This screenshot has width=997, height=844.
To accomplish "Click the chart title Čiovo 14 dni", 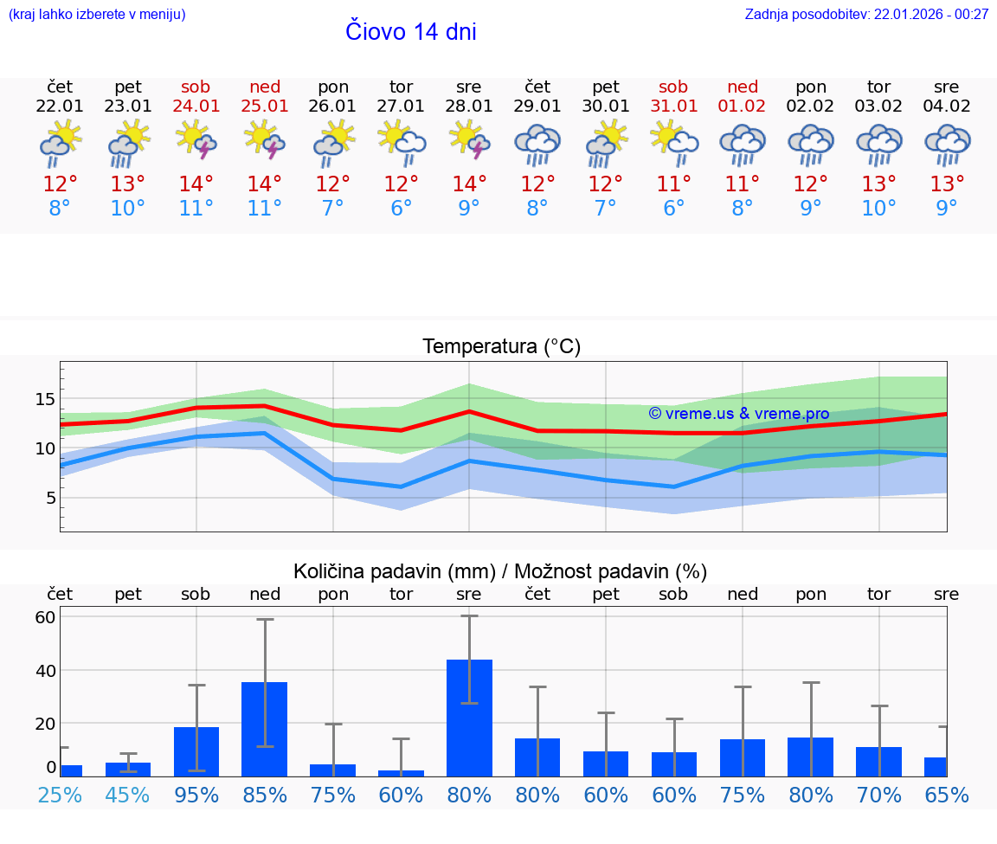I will click(410, 32).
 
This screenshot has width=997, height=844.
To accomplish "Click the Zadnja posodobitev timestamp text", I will click(866, 14).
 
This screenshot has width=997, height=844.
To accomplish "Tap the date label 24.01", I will click(196, 106).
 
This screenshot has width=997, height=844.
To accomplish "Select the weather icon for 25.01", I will click(264, 140).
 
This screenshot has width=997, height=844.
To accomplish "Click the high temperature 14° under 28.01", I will click(469, 184).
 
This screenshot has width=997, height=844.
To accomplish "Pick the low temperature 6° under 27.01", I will click(401, 209).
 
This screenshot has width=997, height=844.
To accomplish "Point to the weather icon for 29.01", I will click(537, 145).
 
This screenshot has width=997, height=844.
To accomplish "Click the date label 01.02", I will click(742, 106).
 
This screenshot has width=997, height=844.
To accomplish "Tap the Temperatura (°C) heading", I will click(501, 347).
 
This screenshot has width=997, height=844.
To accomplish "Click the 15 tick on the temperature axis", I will click(45, 399).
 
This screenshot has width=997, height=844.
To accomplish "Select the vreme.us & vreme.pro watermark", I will click(738, 414).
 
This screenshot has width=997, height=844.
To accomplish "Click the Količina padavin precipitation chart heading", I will click(500, 571).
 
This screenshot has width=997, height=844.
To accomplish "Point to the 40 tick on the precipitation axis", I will click(45, 670).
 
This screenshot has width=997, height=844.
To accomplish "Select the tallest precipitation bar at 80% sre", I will click(469, 718).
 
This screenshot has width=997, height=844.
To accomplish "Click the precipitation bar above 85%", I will click(264, 729).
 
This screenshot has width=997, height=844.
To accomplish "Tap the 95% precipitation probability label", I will click(196, 795).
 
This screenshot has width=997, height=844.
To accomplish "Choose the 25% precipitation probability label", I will click(60, 795).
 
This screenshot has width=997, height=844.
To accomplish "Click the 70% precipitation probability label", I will click(879, 795).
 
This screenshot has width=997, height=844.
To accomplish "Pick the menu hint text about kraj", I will click(97, 14).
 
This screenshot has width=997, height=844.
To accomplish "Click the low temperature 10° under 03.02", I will click(878, 209).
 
